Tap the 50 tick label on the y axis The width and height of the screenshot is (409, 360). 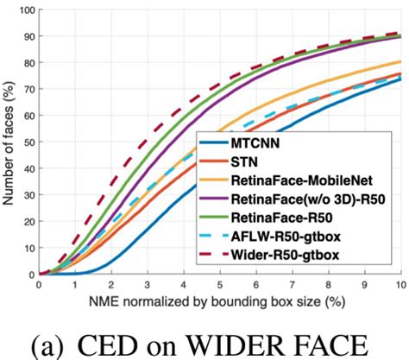[29, 142]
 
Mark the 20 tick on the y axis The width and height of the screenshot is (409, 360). [29, 222]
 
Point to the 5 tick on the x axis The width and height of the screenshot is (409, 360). [220, 286]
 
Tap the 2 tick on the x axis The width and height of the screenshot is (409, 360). [111, 286]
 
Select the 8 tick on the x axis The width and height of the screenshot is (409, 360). [329, 286]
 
